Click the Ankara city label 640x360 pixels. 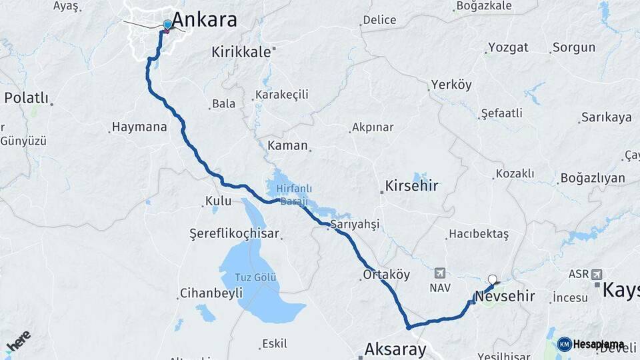click(x=204, y=19)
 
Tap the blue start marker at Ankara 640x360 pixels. click(x=167, y=25)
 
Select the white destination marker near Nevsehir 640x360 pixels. click(x=493, y=280)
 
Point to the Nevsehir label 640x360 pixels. click(x=505, y=296)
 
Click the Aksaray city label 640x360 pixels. click(x=395, y=349)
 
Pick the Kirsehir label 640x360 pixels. click(x=411, y=186)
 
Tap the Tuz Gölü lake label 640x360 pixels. click(x=256, y=277)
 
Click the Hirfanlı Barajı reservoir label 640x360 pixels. click(x=294, y=194)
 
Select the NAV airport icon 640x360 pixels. click(x=440, y=273)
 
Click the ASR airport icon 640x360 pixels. click(x=595, y=274)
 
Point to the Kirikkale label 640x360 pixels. click(x=241, y=51)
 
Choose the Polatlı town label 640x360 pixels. click(x=27, y=98)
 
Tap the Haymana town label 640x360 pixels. click(x=139, y=127)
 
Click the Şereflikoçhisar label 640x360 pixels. click(x=234, y=234)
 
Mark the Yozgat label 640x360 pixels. click(x=508, y=47)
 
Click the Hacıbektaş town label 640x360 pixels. click(x=479, y=234)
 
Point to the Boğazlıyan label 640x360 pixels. click(x=592, y=178)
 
